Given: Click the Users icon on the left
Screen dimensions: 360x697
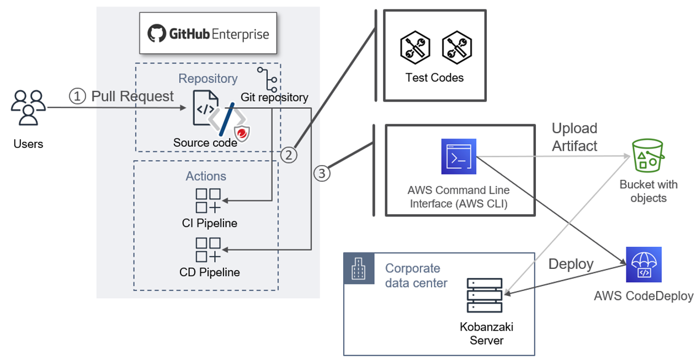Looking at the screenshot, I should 28,108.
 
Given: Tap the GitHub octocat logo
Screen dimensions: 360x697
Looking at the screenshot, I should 156,34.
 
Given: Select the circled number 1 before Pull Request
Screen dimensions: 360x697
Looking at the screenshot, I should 78,96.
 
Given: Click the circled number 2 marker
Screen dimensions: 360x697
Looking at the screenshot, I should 289,154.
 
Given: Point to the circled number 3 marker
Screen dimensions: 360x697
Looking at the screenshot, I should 322,173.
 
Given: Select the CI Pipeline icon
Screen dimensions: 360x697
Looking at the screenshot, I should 209,201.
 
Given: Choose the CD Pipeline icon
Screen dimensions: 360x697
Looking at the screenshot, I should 209,250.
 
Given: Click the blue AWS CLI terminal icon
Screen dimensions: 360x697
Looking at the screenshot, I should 459,156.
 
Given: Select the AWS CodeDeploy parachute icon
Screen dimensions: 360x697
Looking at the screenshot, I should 643,264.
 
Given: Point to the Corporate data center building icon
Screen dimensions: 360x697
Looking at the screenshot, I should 355,268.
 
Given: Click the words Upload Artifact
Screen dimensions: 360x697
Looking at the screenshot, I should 574,136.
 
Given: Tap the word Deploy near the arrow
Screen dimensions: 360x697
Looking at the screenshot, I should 571,264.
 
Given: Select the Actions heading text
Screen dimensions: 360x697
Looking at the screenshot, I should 206,176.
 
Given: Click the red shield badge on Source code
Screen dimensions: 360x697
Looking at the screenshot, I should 240,134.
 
